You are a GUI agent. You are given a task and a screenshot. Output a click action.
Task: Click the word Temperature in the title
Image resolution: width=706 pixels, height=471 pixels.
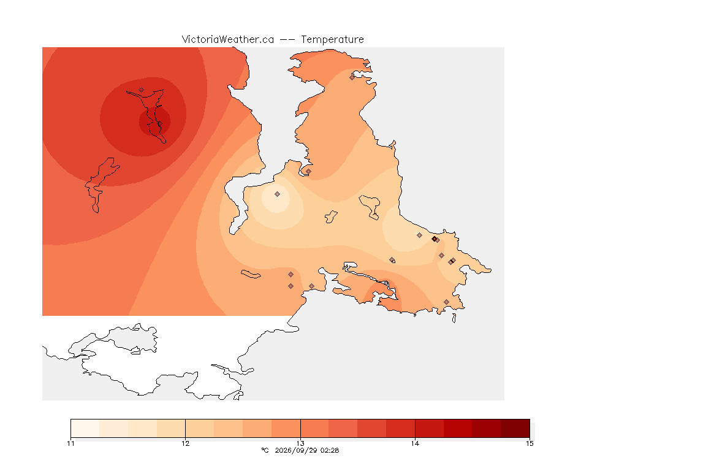pyautogui.click(x=332, y=40)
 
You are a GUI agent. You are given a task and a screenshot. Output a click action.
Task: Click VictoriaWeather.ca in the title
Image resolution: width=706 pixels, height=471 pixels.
pyautogui.click(x=228, y=39)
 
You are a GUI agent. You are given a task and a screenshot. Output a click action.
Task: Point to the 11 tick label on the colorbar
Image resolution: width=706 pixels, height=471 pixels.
pyautogui.click(x=70, y=443)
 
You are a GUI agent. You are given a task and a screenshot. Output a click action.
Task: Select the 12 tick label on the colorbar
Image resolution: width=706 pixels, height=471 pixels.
pyautogui.click(x=186, y=443)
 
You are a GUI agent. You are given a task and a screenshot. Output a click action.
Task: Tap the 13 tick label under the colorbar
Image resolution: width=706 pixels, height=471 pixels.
pyautogui.click(x=300, y=443)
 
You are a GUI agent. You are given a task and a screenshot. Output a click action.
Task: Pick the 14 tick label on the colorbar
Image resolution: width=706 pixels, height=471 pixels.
pyautogui.click(x=415, y=443)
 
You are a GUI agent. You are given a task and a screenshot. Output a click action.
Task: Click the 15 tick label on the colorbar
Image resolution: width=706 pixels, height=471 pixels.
pyautogui.click(x=529, y=443)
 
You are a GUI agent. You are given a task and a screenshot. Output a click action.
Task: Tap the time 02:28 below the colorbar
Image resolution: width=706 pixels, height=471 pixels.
pyautogui.click(x=330, y=450)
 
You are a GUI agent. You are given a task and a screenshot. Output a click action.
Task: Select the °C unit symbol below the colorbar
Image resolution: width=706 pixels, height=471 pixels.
pyautogui.click(x=265, y=450)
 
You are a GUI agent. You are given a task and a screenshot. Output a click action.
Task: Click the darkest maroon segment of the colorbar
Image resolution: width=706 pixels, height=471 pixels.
pyautogui.click(x=515, y=428)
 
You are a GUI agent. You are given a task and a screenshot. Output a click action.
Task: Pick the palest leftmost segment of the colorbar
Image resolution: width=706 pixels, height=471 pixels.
pyautogui.click(x=85, y=428)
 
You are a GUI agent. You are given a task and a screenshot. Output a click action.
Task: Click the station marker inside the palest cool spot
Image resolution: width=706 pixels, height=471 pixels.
pyautogui.click(x=278, y=194)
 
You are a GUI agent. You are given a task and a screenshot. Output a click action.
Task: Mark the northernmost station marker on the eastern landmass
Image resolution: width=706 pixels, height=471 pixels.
pyautogui.click(x=352, y=77)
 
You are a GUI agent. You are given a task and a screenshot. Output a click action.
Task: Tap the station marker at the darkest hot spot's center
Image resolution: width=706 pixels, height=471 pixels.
pyautogui.click(x=159, y=123)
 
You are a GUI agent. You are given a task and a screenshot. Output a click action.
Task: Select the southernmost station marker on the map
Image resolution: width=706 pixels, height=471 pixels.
pyautogui.click(x=446, y=302)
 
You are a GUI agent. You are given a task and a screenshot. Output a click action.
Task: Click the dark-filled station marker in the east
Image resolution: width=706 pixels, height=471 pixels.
pyautogui.click(x=434, y=239)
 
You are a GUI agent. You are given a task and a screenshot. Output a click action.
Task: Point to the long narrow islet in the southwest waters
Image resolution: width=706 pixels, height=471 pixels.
pyautogui.click(x=251, y=274)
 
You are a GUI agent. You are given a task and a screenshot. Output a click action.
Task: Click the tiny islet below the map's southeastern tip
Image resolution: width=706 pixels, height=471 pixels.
pyautogui.click(x=454, y=318)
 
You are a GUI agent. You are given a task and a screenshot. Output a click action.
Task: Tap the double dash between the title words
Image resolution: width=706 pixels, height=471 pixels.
pyautogui.click(x=287, y=40)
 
